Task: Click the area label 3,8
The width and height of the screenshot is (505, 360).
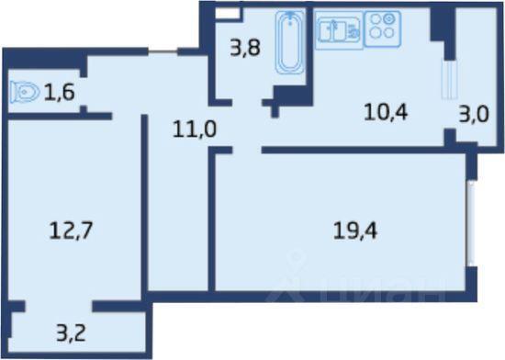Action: (x=245, y=49)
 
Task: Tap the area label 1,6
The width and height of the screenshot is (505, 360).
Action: (x=60, y=92)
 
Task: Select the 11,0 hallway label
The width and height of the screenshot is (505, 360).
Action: (x=195, y=129)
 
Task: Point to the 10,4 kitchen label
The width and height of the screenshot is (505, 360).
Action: (x=386, y=112)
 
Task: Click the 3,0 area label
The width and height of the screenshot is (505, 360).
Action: (x=474, y=114)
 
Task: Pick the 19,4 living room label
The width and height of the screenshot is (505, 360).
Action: (x=355, y=231)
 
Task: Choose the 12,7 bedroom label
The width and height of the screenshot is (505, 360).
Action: (x=71, y=231)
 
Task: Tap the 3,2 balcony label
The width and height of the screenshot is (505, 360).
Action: (x=71, y=333)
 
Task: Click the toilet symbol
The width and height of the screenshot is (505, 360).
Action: (x=25, y=93)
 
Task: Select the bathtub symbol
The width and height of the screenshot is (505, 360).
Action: (x=290, y=42)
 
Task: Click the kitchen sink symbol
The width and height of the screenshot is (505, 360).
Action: (x=339, y=30)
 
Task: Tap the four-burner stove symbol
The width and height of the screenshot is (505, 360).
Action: (x=382, y=29)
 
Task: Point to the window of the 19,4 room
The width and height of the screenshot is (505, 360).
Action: (x=471, y=223)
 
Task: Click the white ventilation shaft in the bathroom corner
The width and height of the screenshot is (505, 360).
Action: (x=228, y=14)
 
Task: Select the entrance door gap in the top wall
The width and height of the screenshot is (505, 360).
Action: (x=163, y=51)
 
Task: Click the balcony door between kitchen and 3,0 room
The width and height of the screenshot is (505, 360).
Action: (x=449, y=79)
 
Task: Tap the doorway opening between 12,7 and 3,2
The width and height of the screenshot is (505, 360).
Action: (x=59, y=306)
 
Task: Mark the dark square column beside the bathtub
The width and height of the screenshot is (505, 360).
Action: (x=293, y=96)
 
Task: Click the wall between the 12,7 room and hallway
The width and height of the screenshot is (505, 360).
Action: (x=144, y=204)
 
